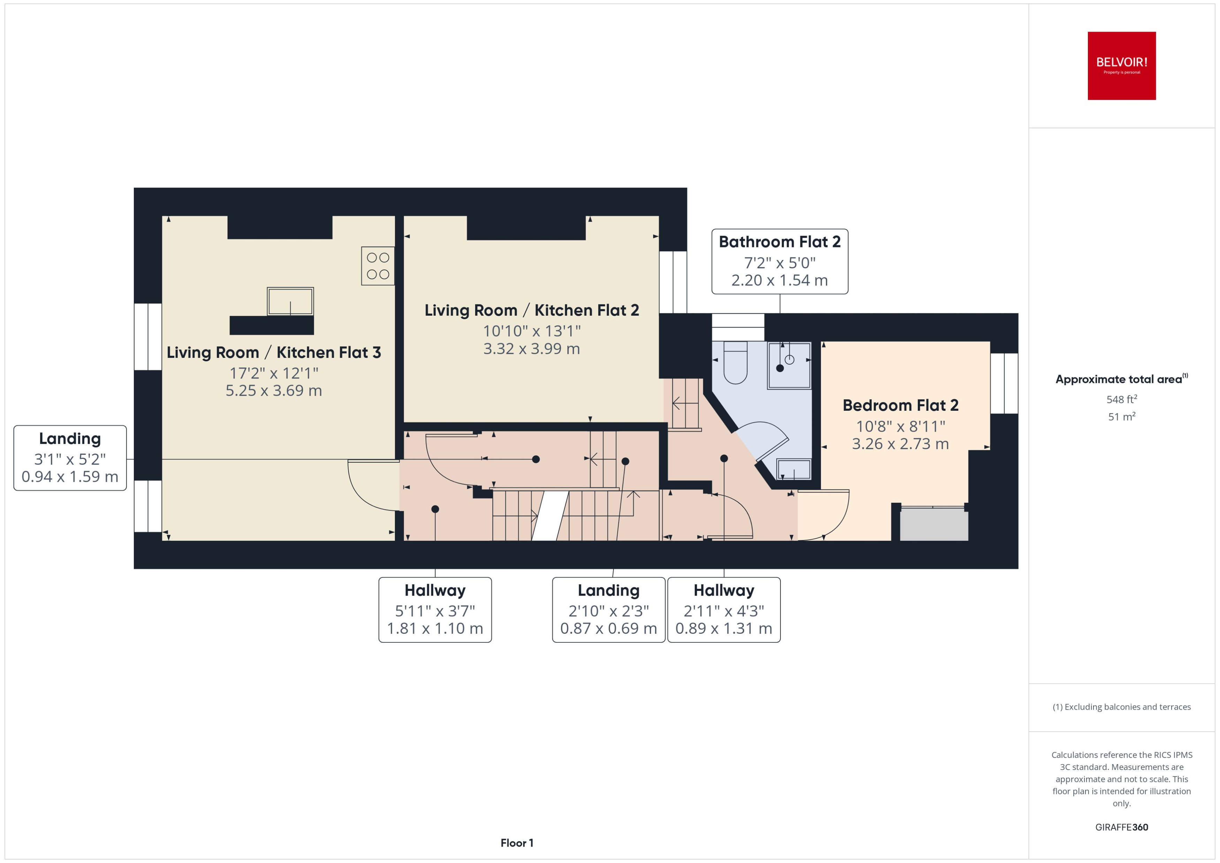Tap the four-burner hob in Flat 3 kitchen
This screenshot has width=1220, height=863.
click(378, 266)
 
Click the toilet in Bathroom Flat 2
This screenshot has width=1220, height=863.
click(735, 363)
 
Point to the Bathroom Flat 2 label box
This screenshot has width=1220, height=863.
click(779, 261)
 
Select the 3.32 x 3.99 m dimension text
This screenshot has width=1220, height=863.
click(531, 349)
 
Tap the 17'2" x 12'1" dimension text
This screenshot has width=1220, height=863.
click(273, 373)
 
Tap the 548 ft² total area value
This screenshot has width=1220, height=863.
click(1121, 399)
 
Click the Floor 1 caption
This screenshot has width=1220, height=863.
click(516, 843)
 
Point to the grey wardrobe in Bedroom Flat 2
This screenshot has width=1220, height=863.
click(933, 524)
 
